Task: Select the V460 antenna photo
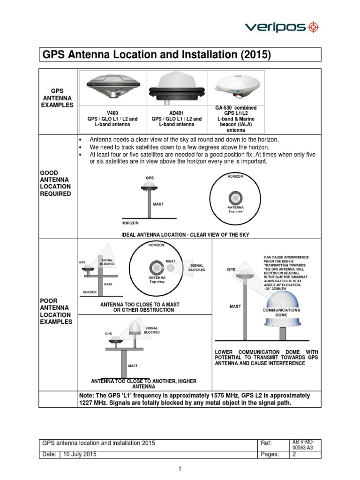pos(112,86)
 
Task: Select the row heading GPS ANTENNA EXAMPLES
pos(57,98)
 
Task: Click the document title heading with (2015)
pos(157,55)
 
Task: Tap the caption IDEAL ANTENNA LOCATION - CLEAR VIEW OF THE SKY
pos(185,234)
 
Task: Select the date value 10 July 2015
pos(80,454)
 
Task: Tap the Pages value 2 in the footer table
pos(295,454)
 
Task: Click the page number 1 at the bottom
pos(180,468)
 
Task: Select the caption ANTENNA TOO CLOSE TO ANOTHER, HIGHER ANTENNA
pos(144,384)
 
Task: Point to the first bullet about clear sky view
pos(184,140)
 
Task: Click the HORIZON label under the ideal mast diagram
pos(130,223)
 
